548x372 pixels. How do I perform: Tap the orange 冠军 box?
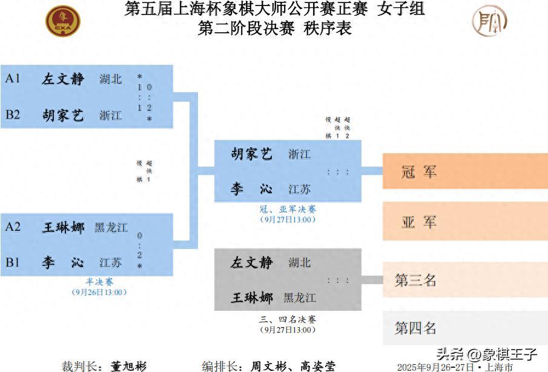[x=465, y=171]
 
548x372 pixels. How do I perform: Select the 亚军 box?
[x=465, y=221]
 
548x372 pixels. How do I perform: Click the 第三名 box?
[x=465, y=279]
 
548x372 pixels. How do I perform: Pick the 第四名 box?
[x=465, y=328]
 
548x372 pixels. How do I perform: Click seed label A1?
[x=13, y=78]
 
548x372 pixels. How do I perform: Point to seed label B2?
[x=13, y=115]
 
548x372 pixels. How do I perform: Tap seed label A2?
[x=13, y=227]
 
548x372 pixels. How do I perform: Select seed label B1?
[x=13, y=262]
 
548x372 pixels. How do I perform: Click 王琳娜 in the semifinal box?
[x=63, y=227]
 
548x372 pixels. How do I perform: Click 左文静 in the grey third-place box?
[x=251, y=262]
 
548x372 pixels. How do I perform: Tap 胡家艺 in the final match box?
[x=251, y=154]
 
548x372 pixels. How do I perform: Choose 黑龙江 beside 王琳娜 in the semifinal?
[x=111, y=227]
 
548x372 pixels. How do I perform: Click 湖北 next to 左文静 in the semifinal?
[x=110, y=79]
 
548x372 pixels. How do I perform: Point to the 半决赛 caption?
[x=99, y=282]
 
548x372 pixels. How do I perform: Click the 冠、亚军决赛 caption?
[x=288, y=209]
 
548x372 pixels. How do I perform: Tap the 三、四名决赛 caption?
[x=288, y=319]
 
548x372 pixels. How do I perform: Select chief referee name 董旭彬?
[x=128, y=366]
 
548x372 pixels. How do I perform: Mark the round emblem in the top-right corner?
[x=489, y=21]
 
